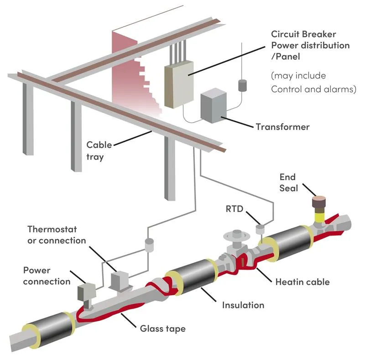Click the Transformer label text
tap(282, 127)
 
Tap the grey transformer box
tap(214, 105)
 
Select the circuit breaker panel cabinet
tap(179, 84)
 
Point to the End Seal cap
tap(318, 202)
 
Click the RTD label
tap(234, 209)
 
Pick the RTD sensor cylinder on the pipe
tap(260, 229)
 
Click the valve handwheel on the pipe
tap(236, 235)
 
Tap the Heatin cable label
tap(302, 282)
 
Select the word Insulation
tap(243, 305)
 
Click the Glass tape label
tap(163, 329)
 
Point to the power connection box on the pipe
tap(86, 292)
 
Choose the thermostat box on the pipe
tap(120, 280)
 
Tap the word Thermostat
tap(52, 230)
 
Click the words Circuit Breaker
tap(303, 34)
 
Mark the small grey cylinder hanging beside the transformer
tap(242, 85)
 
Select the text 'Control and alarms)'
tap(313, 89)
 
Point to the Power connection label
tap(47, 276)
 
